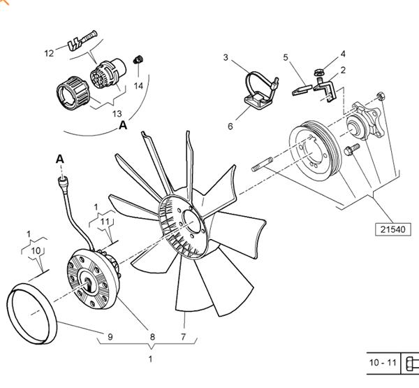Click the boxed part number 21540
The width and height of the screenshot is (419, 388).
click(393, 229)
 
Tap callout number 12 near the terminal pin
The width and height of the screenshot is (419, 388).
click(50, 53)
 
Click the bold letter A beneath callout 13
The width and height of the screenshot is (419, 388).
click(123, 126)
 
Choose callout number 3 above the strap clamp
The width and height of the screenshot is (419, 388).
click(226, 57)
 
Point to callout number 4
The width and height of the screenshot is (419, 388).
click(343, 53)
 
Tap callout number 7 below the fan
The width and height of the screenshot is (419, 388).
click(184, 338)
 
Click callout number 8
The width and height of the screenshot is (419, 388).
click(152, 338)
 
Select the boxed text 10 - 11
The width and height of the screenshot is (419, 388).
click(382, 363)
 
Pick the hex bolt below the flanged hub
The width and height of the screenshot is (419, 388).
click(351, 149)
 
